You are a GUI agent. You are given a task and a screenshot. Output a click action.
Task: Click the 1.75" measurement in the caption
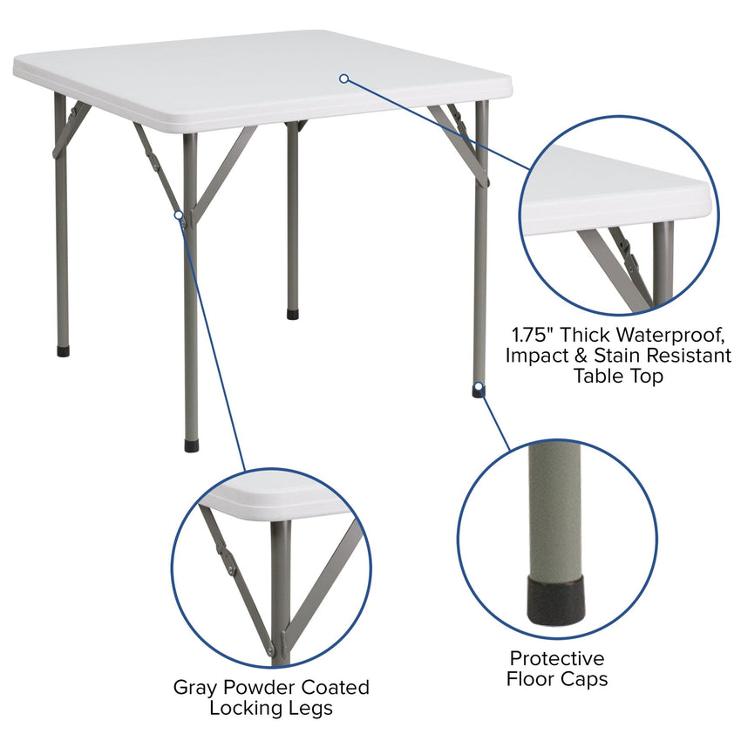pos(533,334)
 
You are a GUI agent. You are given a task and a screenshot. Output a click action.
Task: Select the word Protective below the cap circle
pos(557,658)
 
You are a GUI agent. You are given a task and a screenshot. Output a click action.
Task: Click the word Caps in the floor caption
pos(583,679)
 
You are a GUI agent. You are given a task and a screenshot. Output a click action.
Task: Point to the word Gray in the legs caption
pos(194,687)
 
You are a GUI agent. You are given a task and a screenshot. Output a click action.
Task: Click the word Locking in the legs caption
pos(240,708)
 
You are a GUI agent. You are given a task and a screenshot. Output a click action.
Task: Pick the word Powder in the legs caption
pos(253,687)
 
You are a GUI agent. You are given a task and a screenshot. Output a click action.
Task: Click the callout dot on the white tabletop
pos(344,78)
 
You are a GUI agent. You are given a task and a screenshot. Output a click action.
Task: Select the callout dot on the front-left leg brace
pos(179,214)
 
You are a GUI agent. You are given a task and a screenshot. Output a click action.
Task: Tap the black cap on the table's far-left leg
pos(63,351)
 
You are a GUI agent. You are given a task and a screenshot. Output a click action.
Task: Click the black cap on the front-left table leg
pos(191,445)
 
